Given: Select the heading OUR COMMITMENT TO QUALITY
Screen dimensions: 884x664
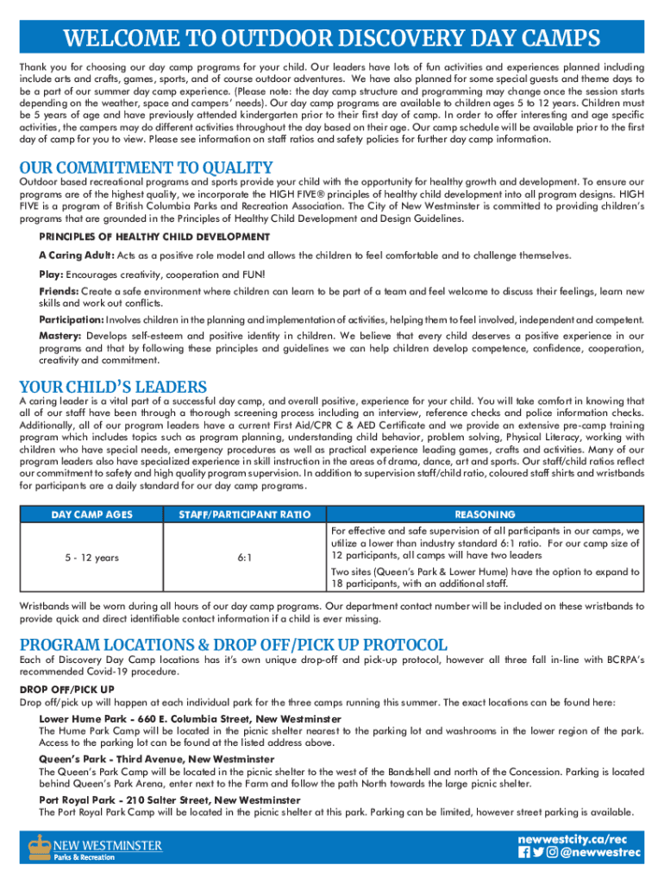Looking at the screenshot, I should (x=146, y=168).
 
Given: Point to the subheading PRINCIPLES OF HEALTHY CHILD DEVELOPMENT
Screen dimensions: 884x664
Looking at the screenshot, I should (x=154, y=237).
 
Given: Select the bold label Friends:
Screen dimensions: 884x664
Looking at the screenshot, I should (x=60, y=292).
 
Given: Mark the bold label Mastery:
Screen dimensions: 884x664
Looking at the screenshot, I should (x=60, y=336).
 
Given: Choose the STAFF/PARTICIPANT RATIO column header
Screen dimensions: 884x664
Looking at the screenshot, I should (x=244, y=515).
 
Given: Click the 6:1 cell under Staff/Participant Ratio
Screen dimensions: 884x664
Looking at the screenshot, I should (x=244, y=558).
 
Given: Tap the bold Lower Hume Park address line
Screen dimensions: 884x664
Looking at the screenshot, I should (x=190, y=718).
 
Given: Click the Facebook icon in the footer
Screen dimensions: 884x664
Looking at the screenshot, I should (x=524, y=853).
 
